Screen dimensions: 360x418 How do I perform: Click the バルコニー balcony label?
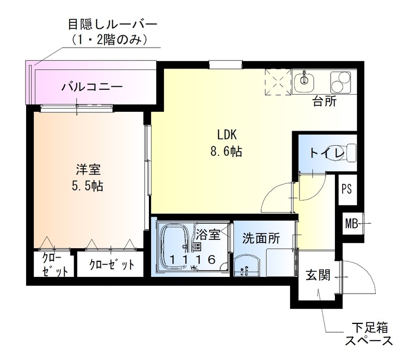(x=92, y=86)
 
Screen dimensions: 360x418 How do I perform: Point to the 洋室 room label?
(x=88, y=169)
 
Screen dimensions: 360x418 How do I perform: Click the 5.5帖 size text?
(x=88, y=187)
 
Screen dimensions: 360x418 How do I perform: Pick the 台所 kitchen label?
(x=324, y=101)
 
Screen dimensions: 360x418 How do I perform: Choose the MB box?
(x=351, y=225)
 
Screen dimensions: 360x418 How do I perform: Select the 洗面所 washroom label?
(x=261, y=239)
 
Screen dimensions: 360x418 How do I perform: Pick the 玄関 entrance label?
(x=318, y=275)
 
